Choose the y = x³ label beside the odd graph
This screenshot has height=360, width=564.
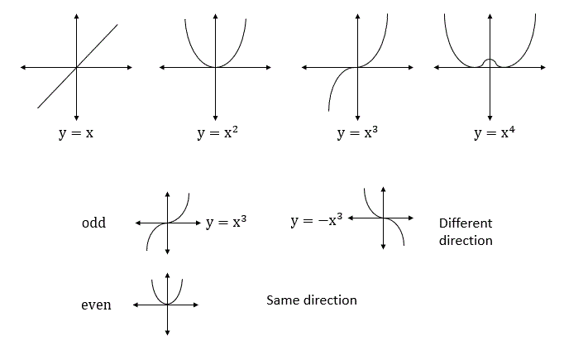coord(227,222)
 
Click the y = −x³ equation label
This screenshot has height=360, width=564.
coord(318,220)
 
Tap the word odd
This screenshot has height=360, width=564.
coord(94,223)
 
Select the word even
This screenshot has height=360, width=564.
coord(97,305)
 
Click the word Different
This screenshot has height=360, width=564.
coord(466,223)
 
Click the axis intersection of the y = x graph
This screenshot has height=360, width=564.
coord(76,67)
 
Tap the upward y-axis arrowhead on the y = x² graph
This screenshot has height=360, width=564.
coord(215,17)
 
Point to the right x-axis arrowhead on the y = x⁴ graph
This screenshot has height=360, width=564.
coord(542,67)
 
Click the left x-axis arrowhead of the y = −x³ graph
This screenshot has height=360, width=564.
coord(351,218)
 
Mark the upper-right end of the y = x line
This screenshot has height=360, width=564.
coord(117,25)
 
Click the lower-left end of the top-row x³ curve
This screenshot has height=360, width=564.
coord(328,109)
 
